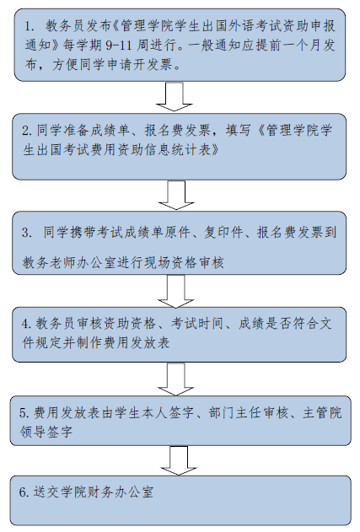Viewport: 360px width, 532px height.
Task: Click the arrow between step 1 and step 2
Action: (174, 96)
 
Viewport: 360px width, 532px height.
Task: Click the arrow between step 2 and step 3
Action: (176, 195)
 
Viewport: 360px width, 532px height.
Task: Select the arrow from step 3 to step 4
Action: (175, 291)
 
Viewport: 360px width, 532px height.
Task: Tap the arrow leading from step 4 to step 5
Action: (175, 379)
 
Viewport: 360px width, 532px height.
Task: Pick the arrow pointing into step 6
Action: (179, 460)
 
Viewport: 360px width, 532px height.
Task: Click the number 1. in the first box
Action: (30, 26)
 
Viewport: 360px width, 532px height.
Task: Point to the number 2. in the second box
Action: (27, 131)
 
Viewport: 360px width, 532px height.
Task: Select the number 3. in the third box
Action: (27, 233)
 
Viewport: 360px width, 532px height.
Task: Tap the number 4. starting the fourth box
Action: (26, 324)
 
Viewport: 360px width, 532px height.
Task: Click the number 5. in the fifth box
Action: (24, 413)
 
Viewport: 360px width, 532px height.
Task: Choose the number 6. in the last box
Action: (24, 492)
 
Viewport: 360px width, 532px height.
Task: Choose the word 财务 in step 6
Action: (99, 492)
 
